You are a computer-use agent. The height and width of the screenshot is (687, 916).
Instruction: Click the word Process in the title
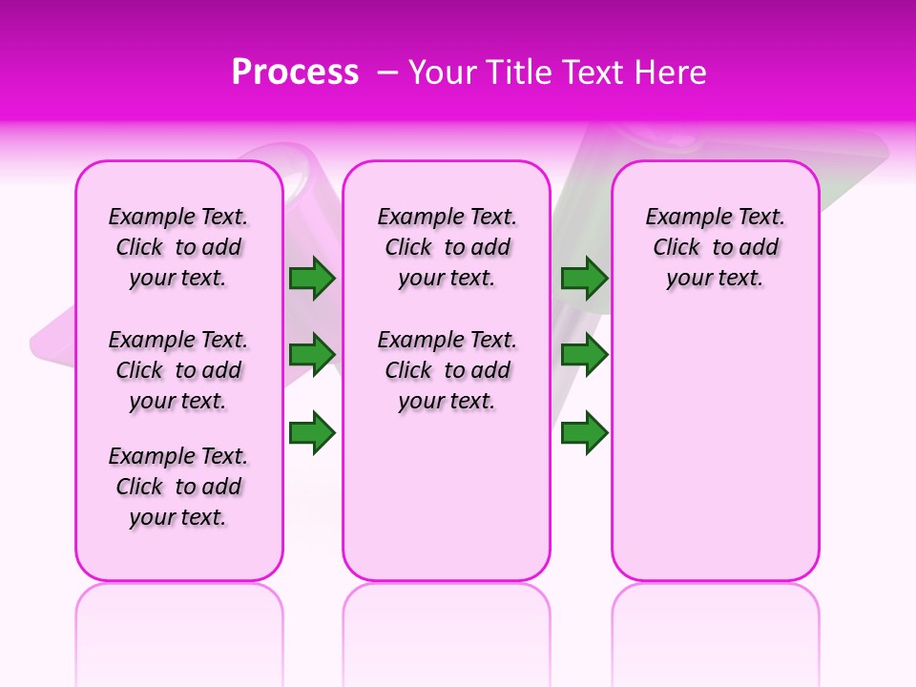(x=295, y=73)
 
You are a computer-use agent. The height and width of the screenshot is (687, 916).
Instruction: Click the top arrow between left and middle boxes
(x=312, y=279)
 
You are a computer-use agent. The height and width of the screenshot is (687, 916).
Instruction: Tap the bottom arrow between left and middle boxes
(x=312, y=434)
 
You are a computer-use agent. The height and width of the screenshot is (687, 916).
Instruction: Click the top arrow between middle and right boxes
(x=584, y=279)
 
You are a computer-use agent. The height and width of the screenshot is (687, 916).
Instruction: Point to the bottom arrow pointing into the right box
(x=584, y=434)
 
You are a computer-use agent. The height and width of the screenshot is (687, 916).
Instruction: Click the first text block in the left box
(x=178, y=247)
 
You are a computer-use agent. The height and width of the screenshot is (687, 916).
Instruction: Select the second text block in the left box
(x=178, y=370)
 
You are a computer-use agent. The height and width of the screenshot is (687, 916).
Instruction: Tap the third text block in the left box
(x=178, y=487)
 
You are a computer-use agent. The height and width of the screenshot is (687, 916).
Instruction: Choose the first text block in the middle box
(x=447, y=247)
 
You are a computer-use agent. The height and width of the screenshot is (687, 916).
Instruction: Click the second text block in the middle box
(x=447, y=370)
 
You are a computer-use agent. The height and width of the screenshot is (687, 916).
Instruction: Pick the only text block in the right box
(x=715, y=247)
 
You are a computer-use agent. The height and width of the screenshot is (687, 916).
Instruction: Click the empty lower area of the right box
(x=715, y=448)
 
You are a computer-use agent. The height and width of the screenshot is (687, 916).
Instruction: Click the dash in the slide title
(x=387, y=73)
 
